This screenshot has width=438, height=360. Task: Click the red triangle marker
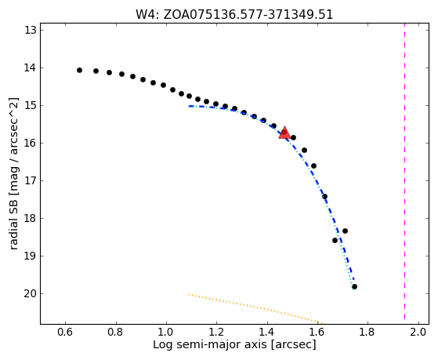[x=284, y=133]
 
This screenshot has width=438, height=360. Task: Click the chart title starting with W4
[x=234, y=15]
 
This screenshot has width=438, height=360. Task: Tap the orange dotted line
[x=255, y=308]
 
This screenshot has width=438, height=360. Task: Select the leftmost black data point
[x=79, y=71]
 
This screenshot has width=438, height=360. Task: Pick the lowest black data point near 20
[x=354, y=287]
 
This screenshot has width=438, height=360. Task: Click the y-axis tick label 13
[x=31, y=31]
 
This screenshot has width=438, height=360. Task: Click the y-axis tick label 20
[x=31, y=293]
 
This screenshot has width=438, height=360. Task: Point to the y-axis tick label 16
[x=31, y=144]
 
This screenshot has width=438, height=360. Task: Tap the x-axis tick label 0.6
[x=65, y=332]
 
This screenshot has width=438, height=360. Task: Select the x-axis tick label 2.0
[x=418, y=332]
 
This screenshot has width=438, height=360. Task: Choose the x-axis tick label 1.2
[x=216, y=332]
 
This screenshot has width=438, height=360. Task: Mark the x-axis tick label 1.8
[x=368, y=332]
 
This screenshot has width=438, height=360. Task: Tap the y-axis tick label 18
[x=31, y=219]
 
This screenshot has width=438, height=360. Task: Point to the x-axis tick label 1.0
[x=166, y=332]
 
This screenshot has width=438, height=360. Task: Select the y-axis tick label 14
[x=31, y=67]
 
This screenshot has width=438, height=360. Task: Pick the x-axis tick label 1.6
[x=317, y=332]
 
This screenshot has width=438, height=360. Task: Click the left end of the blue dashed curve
[x=189, y=106]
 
